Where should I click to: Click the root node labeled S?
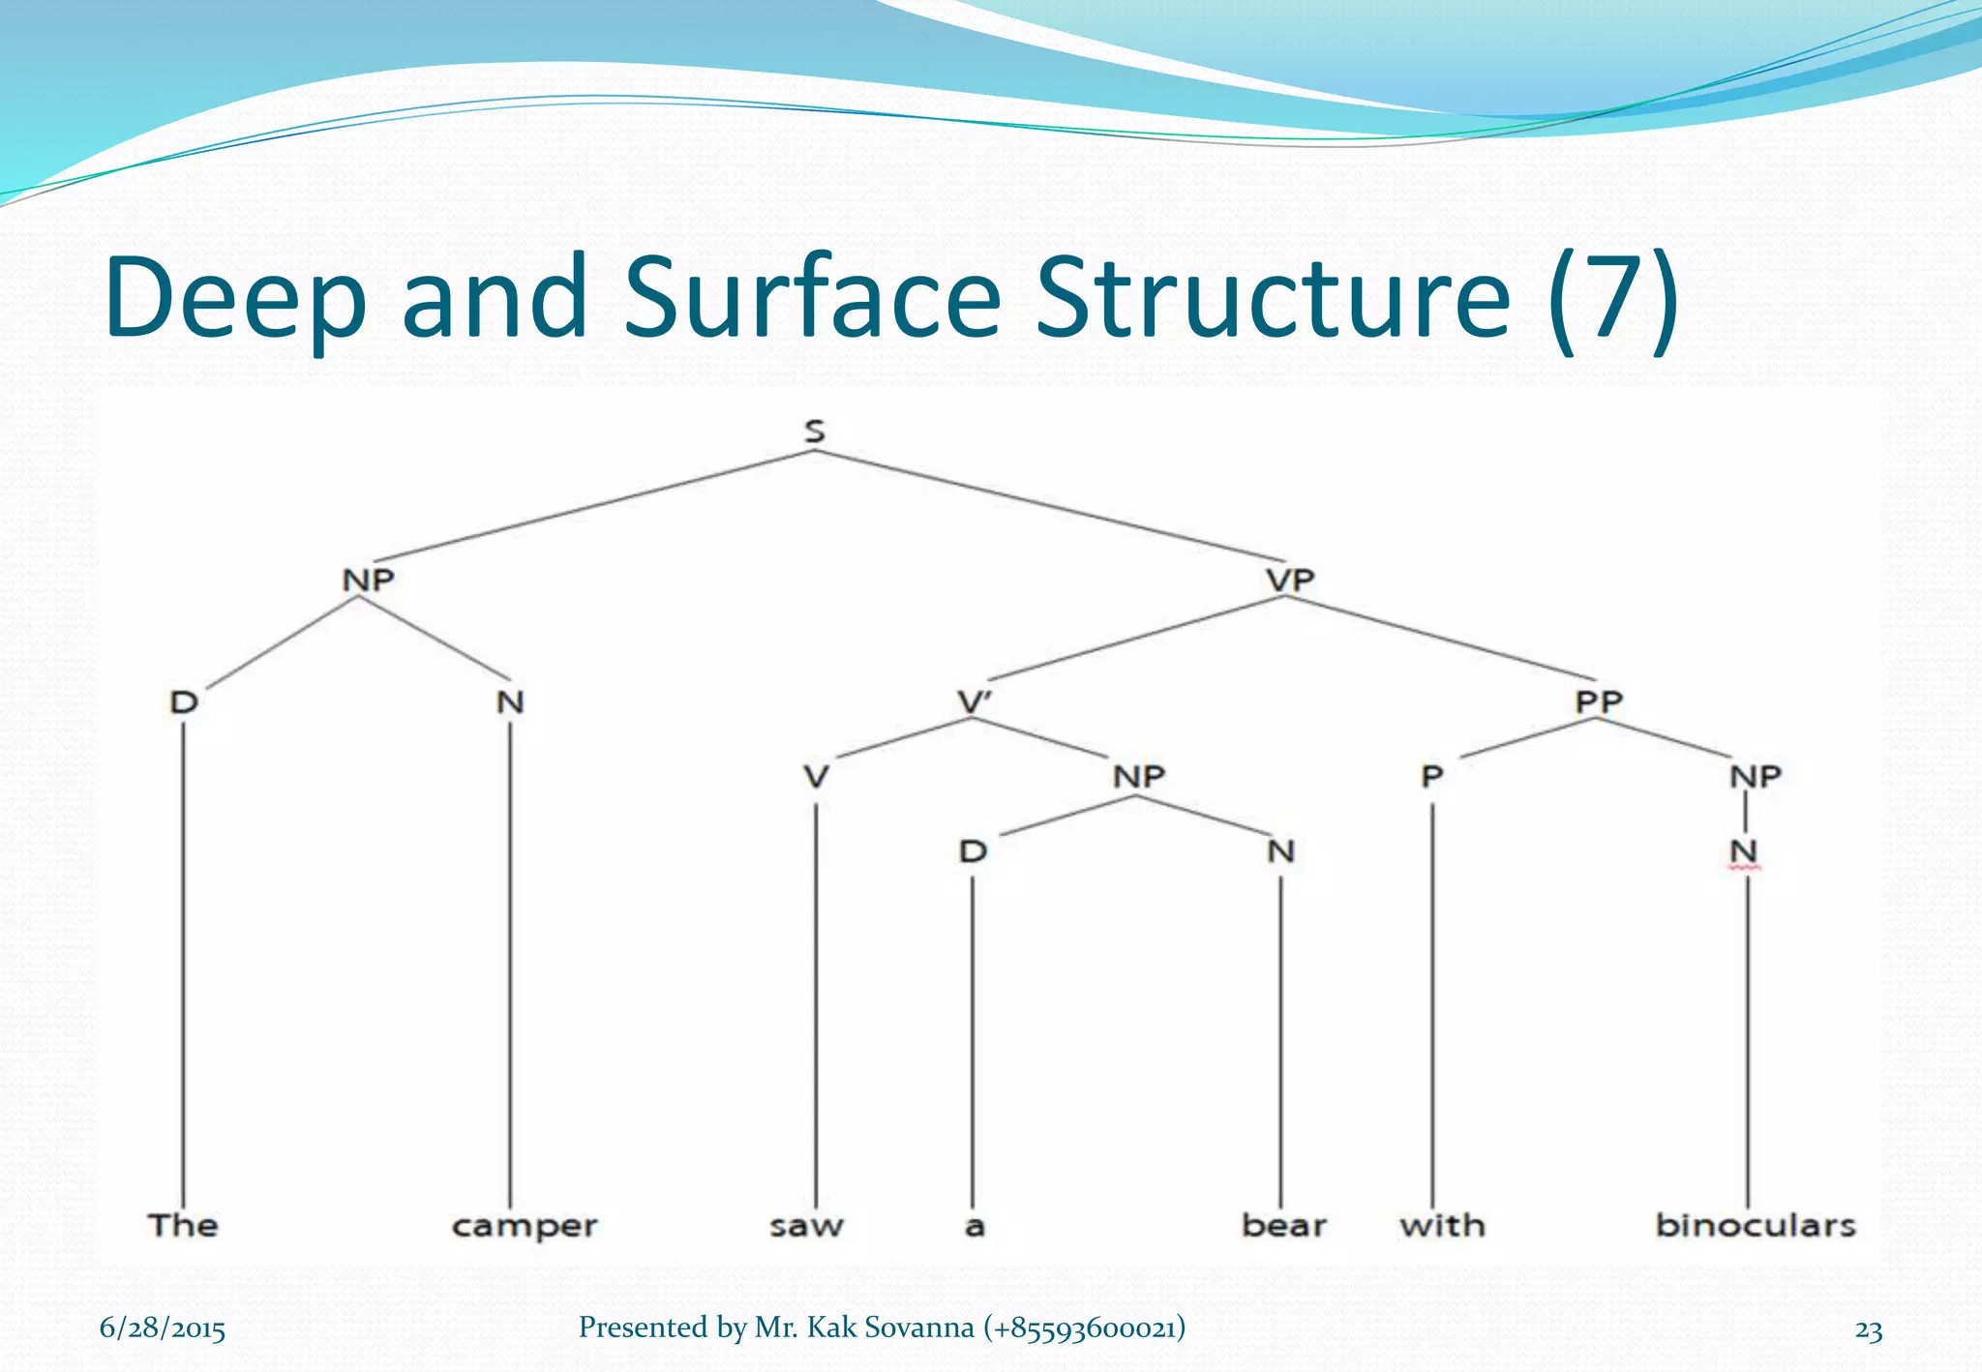[x=815, y=431]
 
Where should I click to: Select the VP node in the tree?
[x=1290, y=580]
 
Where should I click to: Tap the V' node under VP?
[x=975, y=701]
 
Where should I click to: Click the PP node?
[x=1598, y=701]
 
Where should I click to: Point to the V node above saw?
[x=816, y=776]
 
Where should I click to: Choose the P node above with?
[x=1432, y=776]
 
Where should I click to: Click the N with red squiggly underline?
[x=1744, y=851]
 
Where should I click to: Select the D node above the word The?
[x=184, y=701]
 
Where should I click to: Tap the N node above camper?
[x=510, y=701]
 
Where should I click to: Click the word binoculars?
[x=1755, y=1225]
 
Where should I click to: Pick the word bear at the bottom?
[x=1283, y=1225]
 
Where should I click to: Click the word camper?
[x=525, y=1227]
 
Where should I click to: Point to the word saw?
[x=806, y=1226]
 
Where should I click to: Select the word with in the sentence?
[x=1442, y=1225]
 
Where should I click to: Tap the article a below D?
[x=975, y=1227]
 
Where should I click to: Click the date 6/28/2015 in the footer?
[x=163, y=1328]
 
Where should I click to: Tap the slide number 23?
[x=1868, y=1330]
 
